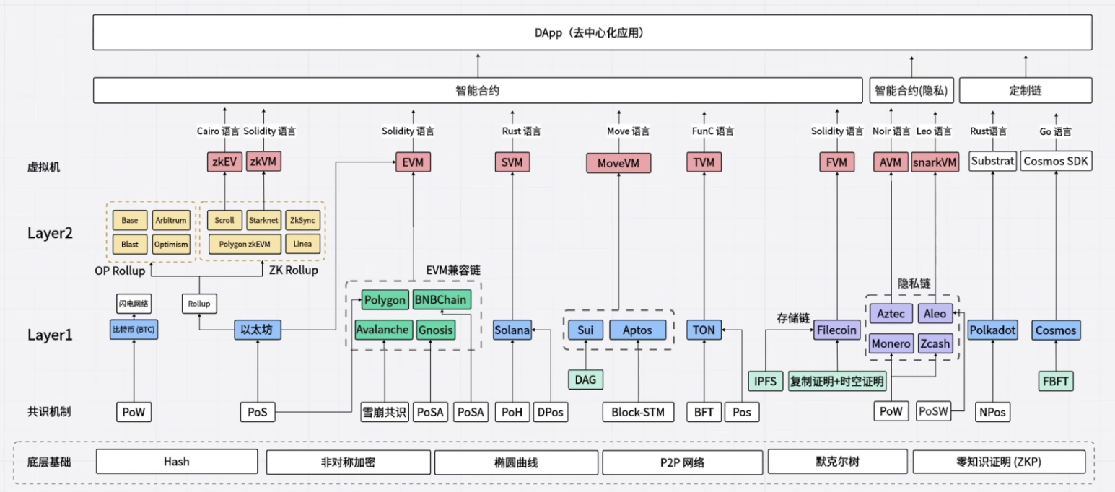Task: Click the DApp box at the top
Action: [593, 32]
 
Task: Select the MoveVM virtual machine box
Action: [618, 162]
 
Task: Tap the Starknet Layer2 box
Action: [263, 220]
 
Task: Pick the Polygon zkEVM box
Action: [245, 244]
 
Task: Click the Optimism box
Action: [171, 244]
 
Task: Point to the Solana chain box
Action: [512, 330]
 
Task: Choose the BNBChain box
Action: [442, 299]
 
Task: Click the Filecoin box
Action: [836, 330]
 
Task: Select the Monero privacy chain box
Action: [891, 343]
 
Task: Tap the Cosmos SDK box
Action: [1056, 161]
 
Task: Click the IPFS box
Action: [765, 381]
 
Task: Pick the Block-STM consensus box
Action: [638, 412]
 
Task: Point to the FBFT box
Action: [1055, 381]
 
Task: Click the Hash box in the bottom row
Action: [177, 462]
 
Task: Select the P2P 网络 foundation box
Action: [683, 462]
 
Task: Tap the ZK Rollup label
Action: [294, 270]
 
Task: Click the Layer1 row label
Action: [50, 335]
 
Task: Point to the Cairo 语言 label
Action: [217, 131]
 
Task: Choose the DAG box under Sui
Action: [585, 379]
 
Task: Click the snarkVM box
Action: [935, 162]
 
